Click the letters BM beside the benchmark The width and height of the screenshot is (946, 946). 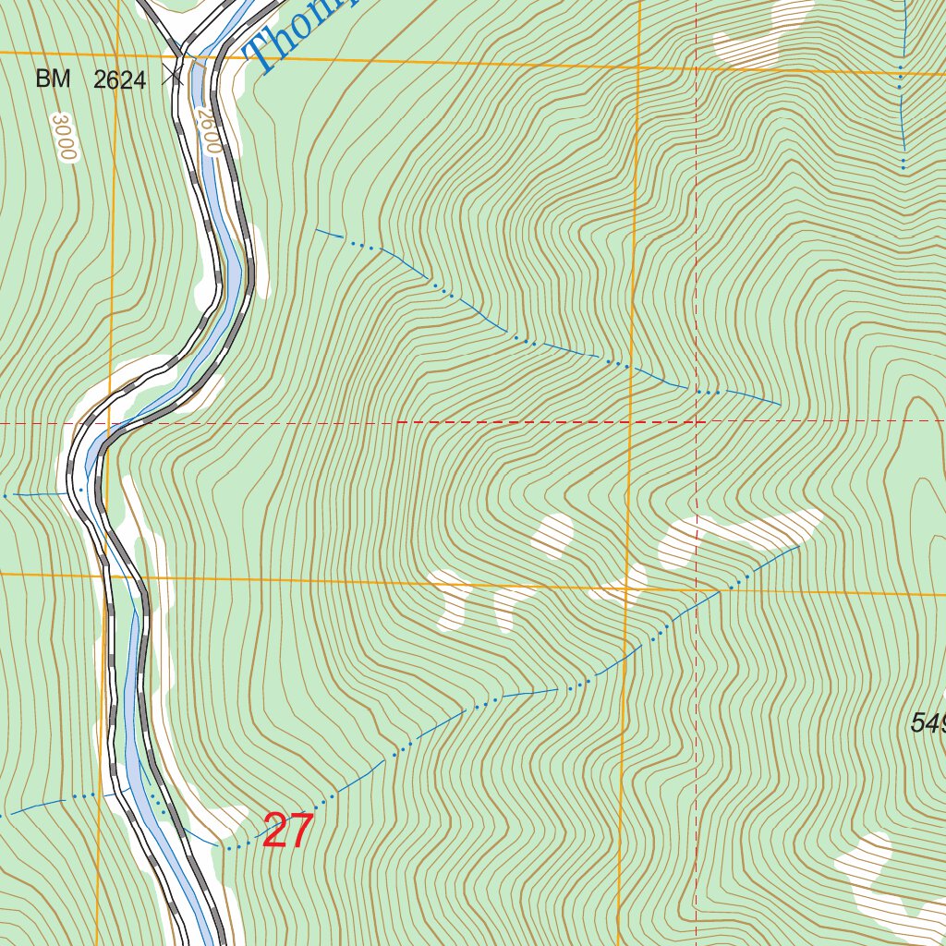[53, 79]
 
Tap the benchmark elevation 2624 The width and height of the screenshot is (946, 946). [119, 80]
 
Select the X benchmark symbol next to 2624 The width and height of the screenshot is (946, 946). [172, 76]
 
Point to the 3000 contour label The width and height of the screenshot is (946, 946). [64, 138]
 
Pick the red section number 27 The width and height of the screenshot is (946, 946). [287, 831]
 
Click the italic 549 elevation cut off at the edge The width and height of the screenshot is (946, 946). [928, 722]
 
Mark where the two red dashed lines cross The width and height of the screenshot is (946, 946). [696, 422]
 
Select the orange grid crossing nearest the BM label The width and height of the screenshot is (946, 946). [117, 56]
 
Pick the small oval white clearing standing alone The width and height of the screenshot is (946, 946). [553, 536]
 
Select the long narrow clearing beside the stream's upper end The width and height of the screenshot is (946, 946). [739, 536]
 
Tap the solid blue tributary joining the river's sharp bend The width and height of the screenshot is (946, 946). [37, 495]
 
